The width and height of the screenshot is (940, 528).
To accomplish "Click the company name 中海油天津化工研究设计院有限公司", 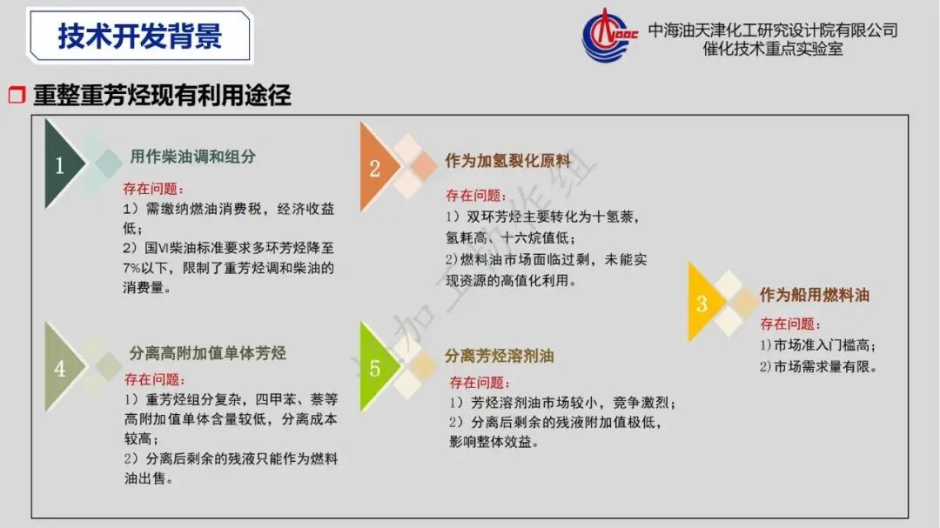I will [x=773, y=30].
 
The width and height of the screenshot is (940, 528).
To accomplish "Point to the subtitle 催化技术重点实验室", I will [x=773, y=50].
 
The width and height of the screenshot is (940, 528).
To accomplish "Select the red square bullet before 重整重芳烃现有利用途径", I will [x=17, y=96].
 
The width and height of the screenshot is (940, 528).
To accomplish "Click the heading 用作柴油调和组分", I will [x=192, y=157].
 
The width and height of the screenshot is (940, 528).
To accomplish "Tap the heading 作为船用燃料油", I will [x=814, y=295].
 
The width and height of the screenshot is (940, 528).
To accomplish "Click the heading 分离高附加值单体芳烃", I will [x=207, y=353].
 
